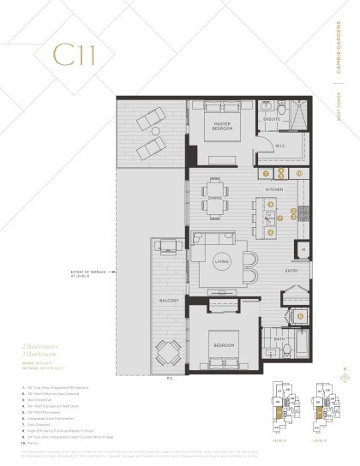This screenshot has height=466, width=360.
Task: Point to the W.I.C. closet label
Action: [x=279, y=146]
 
